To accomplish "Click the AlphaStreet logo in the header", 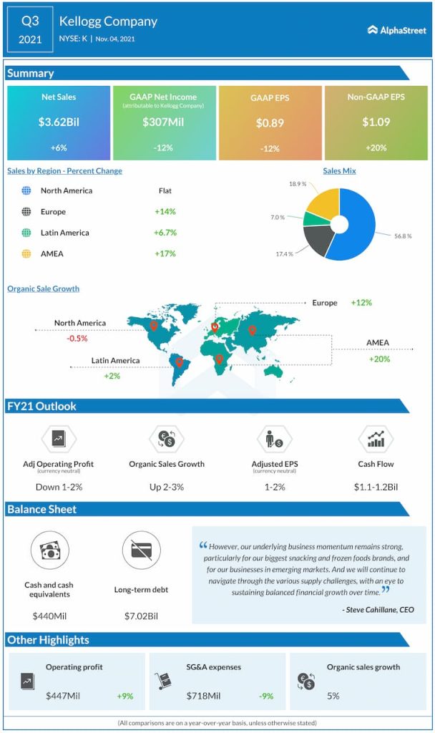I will coord(396,30).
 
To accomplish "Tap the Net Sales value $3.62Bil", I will coord(59,122).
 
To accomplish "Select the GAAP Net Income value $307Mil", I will coord(164,122).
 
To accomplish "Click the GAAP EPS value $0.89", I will coord(270,123).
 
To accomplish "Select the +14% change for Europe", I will coord(165,212).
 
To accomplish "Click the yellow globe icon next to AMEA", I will coord(26,253).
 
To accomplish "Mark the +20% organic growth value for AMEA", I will coord(379,359).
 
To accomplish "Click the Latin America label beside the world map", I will coord(115,361).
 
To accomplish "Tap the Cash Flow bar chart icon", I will coord(376,438).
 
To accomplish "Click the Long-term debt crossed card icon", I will coord(142,551).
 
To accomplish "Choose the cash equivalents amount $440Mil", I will coord(49,616).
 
